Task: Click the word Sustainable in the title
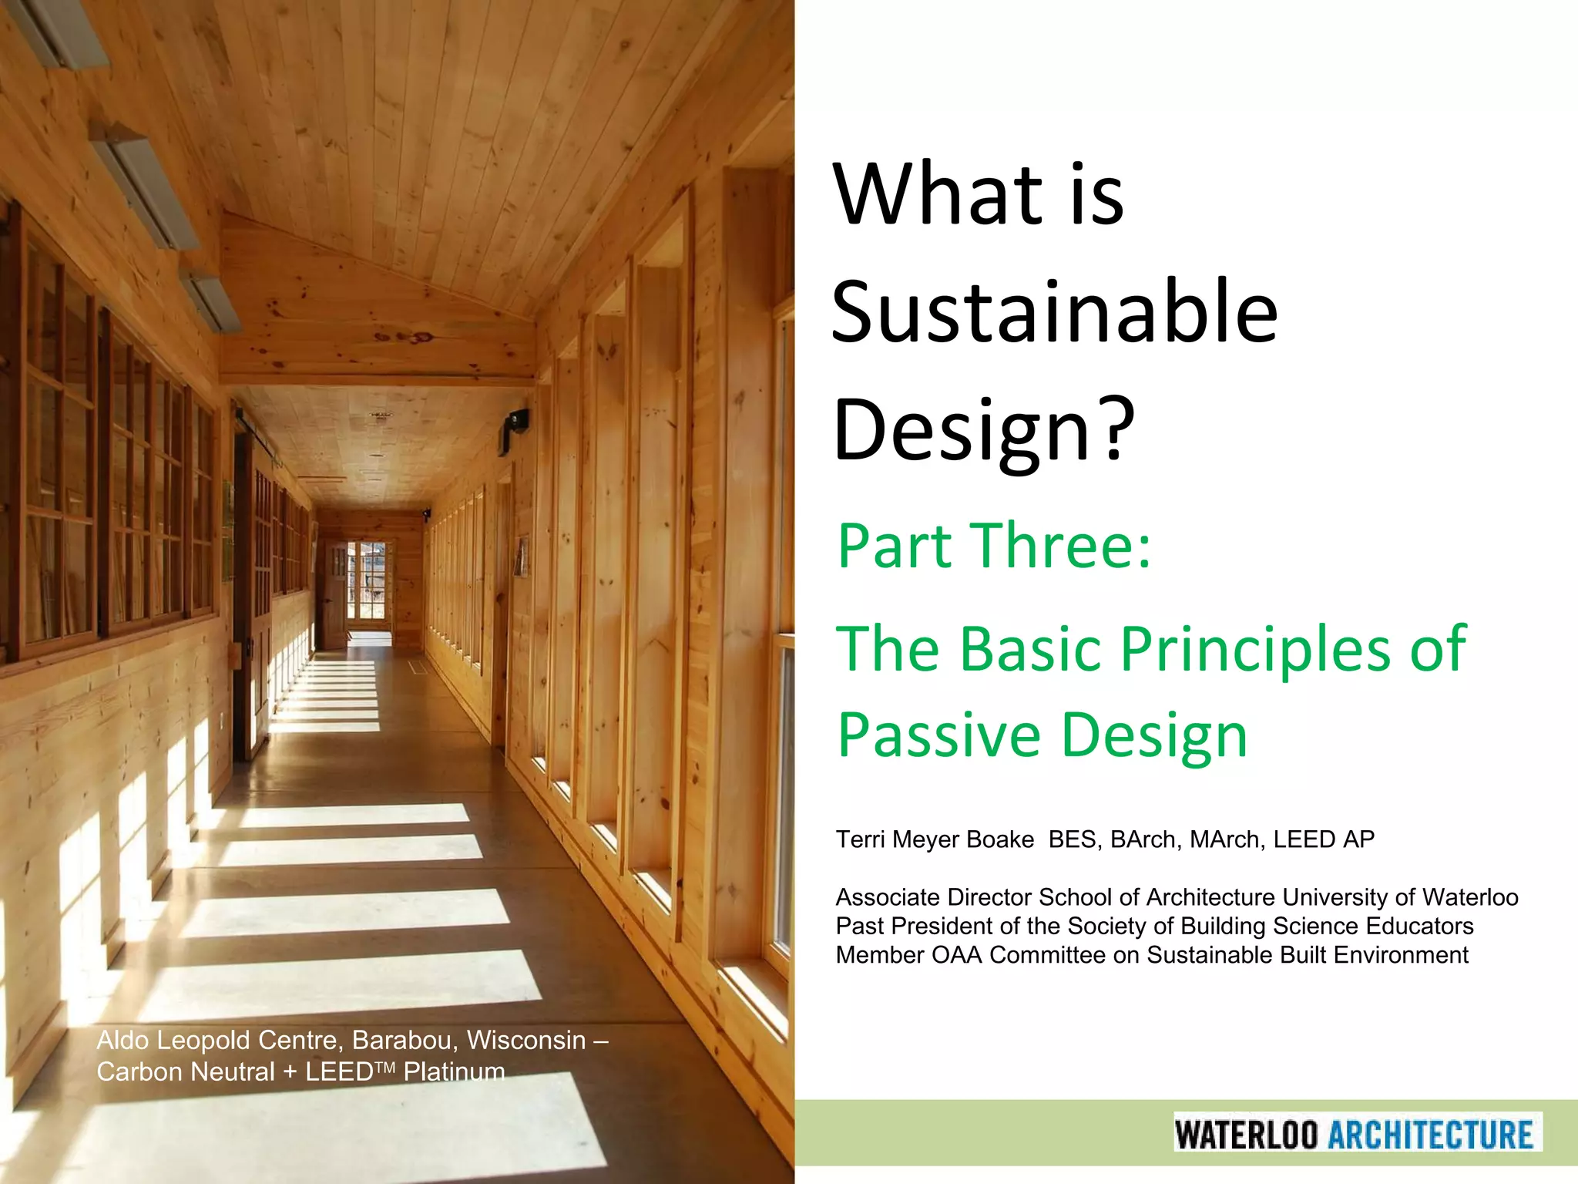click(x=1054, y=312)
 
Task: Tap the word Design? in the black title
click(x=984, y=429)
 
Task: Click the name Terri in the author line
click(x=861, y=839)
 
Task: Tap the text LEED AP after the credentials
click(x=1323, y=839)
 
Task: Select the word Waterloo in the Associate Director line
click(x=1469, y=897)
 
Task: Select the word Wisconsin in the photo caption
click(x=526, y=1040)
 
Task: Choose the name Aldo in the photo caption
click(x=123, y=1040)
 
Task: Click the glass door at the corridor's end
click(x=365, y=582)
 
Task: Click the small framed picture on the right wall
click(x=522, y=557)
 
